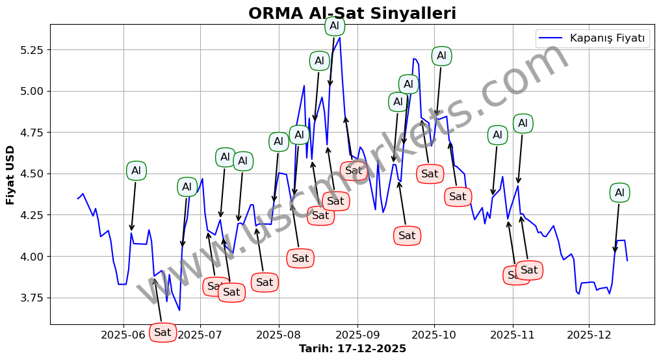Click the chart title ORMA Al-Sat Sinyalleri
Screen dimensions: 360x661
click(352, 14)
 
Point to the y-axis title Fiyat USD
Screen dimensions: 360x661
click(10, 175)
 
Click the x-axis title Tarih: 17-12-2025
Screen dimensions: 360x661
click(352, 349)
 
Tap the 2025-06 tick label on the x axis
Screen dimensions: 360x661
click(123, 335)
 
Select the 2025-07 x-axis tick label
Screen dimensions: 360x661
click(200, 335)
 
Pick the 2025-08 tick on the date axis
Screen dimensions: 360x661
click(279, 335)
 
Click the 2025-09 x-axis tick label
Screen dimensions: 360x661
click(357, 335)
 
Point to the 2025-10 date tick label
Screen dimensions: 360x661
click(434, 335)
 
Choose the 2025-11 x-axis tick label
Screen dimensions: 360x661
click(512, 335)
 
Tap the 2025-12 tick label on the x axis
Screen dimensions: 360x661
click(589, 335)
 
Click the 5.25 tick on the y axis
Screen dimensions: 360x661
click(31, 50)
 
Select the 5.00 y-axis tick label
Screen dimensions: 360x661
click(31, 91)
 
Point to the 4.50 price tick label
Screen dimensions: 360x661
click(31, 174)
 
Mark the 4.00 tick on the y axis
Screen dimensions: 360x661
click(31, 257)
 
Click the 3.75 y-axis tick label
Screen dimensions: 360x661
click(31, 298)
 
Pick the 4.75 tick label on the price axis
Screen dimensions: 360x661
click(31, 133)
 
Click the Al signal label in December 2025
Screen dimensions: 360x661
click(619, 192)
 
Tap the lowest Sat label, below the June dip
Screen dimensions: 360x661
click(162, 332)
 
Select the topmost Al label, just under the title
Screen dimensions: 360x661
click(334, 26)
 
